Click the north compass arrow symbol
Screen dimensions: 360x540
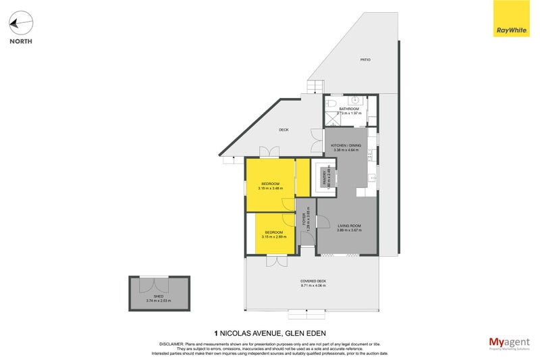[x=20, y=24]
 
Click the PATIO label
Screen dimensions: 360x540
[x=365, y=60]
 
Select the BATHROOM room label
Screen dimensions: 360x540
[x=349, y=109]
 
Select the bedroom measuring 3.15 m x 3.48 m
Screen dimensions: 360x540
[x=270, y=186]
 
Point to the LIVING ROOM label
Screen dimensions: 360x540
[x=350, y=226]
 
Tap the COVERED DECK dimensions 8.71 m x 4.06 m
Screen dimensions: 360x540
[x=313, y=285]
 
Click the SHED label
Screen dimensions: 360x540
[x=159, y=297]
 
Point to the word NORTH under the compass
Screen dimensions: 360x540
[x=20, y=41]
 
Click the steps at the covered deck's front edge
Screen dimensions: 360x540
[x=306, y=314]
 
